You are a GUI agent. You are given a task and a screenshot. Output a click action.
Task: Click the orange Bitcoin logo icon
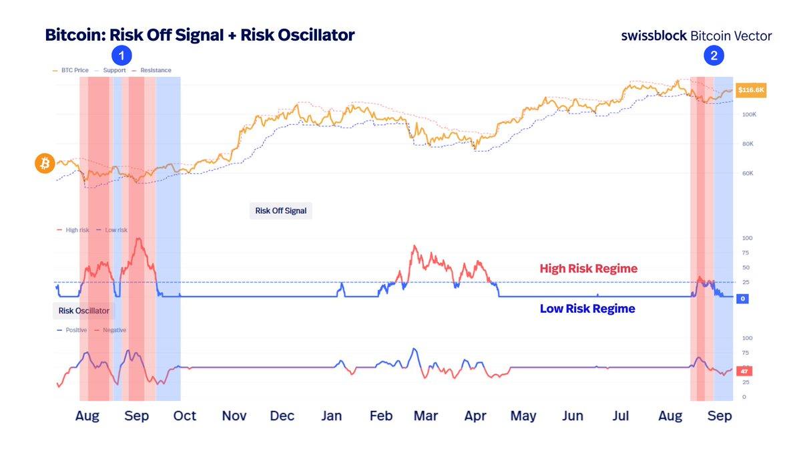(45, 164)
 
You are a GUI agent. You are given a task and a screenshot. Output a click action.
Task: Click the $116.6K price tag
(751, 90)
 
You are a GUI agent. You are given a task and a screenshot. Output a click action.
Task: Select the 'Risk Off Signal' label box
(280, 211)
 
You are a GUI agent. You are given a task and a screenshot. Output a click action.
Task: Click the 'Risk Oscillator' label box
(85, 311)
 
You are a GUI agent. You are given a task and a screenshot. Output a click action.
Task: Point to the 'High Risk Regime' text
(588, 269)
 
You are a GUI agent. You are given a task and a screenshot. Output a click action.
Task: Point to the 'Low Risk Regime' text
(587, 309)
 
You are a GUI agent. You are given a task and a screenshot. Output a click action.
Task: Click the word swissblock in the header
(653, 36)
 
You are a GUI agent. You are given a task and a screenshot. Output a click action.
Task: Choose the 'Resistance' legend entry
(156, 70)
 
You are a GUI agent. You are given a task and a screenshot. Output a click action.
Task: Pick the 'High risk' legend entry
(77, 230)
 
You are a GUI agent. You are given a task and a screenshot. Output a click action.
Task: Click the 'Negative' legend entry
(113, 330)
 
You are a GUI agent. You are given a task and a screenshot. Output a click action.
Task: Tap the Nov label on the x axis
(234, 416)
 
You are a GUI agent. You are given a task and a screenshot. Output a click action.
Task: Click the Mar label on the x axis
(426, 416)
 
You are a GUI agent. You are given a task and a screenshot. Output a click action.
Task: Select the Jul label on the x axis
(621, 416)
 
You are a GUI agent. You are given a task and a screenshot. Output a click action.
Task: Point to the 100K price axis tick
(749, 115)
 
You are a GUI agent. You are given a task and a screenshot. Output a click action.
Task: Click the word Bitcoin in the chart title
(73, 35)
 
